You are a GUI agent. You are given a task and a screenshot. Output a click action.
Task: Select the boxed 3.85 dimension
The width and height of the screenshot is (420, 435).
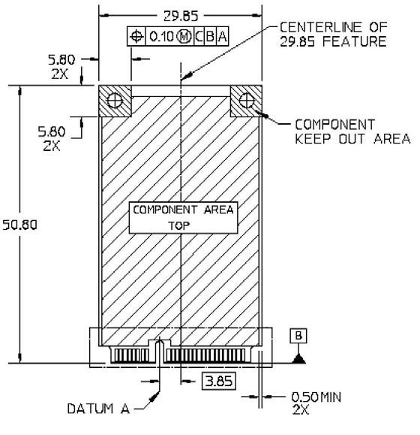219,381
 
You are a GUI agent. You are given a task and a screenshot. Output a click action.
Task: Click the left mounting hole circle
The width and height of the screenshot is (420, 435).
115,101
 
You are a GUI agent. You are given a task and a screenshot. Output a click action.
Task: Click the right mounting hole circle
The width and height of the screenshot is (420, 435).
246,101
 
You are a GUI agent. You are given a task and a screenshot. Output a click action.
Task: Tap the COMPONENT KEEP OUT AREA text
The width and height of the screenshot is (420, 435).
352,131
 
